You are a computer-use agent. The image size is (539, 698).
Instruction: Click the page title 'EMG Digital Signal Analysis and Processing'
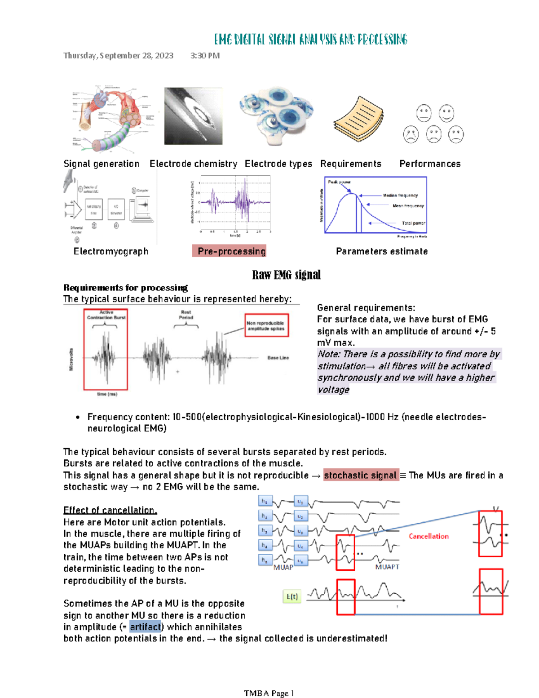310,40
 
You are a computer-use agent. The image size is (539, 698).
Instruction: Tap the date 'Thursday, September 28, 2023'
118,56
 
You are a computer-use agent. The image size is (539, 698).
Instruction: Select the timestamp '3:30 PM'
205,56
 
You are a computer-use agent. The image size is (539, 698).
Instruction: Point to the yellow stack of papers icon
358,119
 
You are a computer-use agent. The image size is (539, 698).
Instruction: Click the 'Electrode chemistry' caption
193,164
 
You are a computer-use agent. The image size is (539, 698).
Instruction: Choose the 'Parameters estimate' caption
381,251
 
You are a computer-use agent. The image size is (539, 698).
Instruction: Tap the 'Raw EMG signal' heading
286,275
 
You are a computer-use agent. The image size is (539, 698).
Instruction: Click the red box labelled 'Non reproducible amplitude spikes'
266,325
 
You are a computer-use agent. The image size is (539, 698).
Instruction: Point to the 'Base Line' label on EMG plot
278,358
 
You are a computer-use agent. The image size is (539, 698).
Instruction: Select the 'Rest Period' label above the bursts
186,315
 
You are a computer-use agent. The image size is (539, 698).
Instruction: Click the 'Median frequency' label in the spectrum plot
400,196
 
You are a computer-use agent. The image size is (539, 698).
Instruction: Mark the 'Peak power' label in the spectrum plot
339,182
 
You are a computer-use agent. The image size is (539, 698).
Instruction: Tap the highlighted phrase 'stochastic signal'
360,475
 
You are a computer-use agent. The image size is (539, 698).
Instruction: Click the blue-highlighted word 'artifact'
145,627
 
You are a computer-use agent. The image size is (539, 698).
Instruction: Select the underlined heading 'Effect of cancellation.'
110,510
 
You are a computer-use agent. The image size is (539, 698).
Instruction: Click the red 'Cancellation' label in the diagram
429,536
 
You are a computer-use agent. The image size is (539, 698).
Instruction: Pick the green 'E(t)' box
292,596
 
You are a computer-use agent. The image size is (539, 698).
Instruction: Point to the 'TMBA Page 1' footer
269,693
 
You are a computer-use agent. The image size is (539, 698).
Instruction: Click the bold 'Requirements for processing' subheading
125,288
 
